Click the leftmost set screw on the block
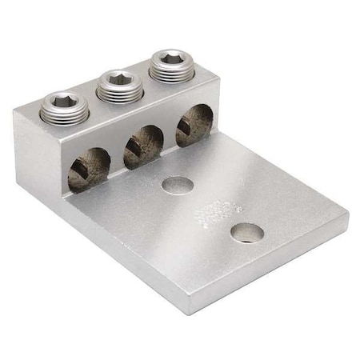tap(64, 107)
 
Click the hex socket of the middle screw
tap(120, 78)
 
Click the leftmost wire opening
tap(88, 169)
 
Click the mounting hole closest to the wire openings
tap(178, 185)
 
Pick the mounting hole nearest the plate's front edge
tap(247, 233)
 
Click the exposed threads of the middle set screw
tap(120, 93)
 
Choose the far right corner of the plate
tap(346, 214)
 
